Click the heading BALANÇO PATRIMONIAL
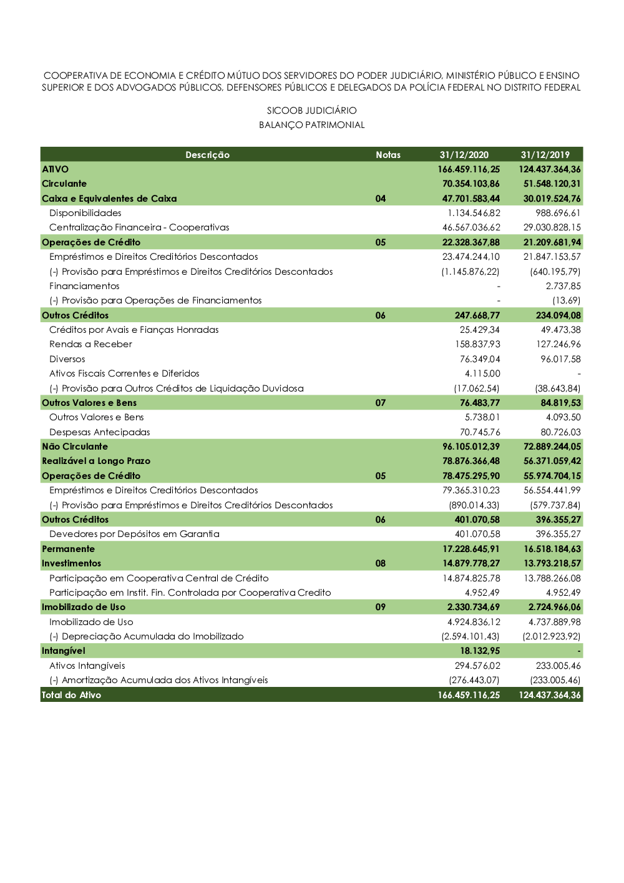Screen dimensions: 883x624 [312, 125]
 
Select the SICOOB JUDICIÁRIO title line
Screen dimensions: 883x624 [312, 111]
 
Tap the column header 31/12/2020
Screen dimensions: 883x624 [464, 155]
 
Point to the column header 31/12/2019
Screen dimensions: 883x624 [545, 155]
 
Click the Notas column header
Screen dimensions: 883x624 [388, 155]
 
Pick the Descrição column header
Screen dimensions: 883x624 [207, 155]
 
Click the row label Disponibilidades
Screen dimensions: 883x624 [85, 213]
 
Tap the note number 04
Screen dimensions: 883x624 [381, 199]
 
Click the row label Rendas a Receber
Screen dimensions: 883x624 [91, 344]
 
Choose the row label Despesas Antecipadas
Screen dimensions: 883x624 [100, 432]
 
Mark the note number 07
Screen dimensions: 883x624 [381, 403]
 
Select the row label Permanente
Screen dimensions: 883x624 [69, 549]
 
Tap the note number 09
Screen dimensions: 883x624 [381, 607]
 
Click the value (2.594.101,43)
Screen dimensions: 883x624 [470, 636]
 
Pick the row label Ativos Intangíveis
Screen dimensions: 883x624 [87, 666]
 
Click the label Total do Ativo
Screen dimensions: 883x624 [71, 695]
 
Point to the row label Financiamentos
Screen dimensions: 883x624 [84, 286]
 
